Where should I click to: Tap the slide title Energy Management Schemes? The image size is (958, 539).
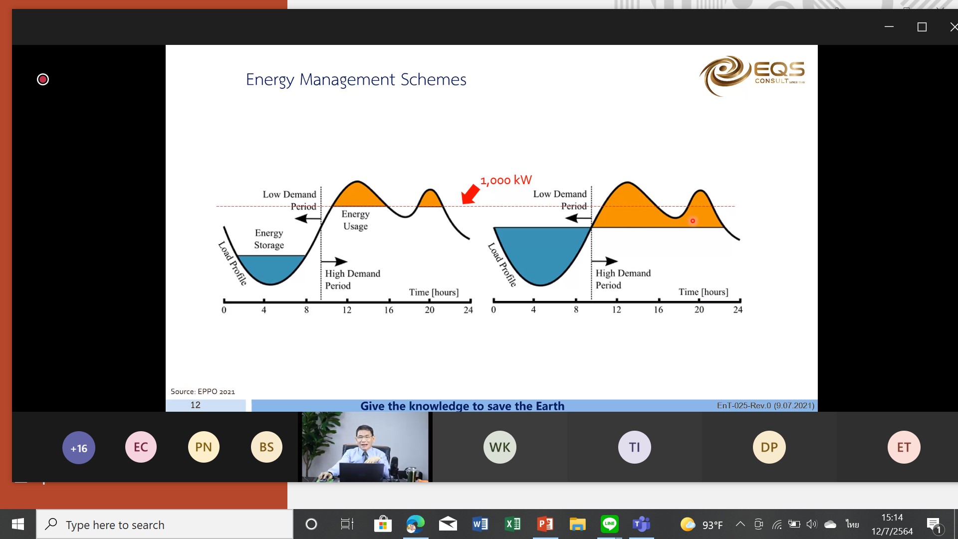356,80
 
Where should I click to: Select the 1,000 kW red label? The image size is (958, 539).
506,180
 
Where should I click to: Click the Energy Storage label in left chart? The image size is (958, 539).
269,239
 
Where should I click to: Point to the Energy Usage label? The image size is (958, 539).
355,220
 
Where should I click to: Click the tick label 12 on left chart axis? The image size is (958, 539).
347,310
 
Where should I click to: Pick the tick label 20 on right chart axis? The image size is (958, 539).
699,309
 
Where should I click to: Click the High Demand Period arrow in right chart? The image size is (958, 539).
605,261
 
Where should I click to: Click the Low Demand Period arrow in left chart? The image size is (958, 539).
308,219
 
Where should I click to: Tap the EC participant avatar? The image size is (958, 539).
141,447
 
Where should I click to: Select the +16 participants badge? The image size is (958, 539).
78,448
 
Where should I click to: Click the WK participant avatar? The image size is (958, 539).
499,447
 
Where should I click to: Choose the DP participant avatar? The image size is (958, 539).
769,447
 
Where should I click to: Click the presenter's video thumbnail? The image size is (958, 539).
365,447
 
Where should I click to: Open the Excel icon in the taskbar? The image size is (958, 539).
513,524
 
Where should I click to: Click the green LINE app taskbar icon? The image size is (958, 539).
609,524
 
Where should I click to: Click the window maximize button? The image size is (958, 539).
922,27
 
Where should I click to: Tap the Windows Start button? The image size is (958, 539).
18,524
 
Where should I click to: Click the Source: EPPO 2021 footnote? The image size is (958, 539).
203,392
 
